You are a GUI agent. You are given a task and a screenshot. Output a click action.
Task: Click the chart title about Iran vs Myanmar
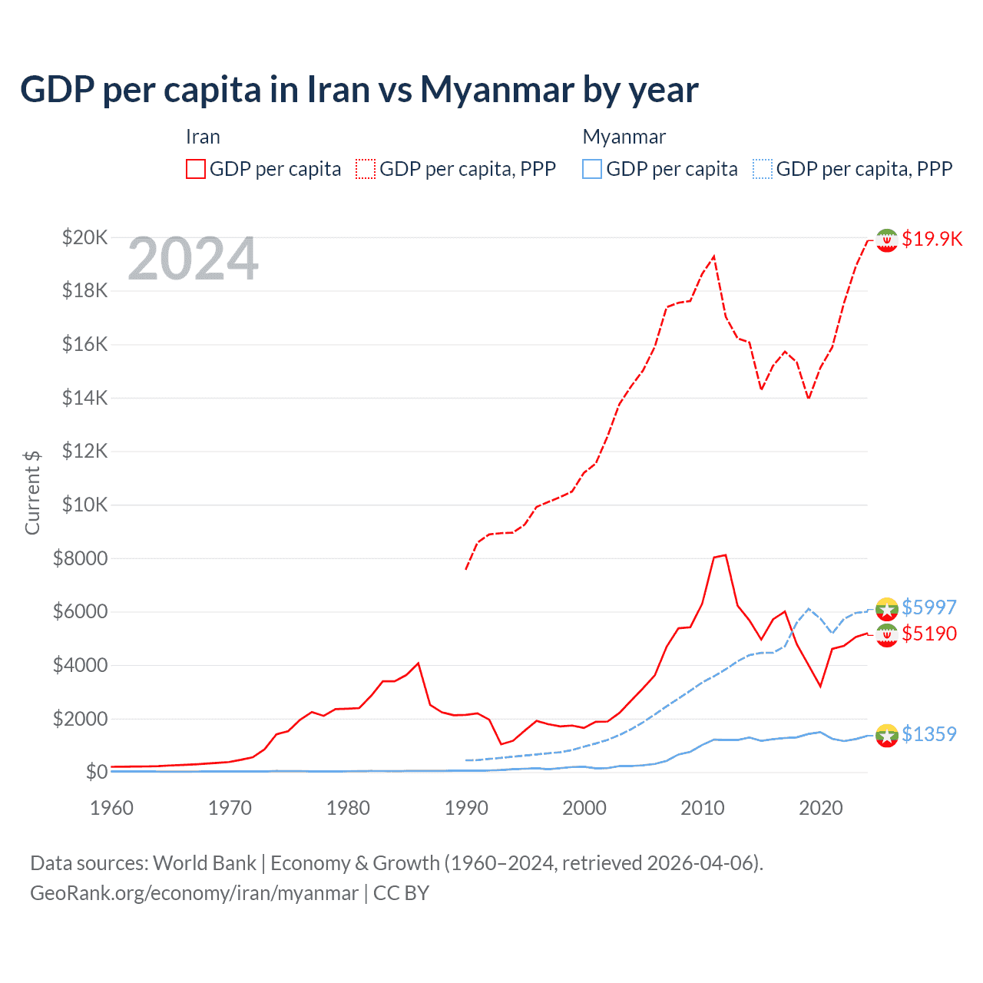[x=359, y=90]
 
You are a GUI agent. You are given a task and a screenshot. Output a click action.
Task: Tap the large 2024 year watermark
[x=193, y=260]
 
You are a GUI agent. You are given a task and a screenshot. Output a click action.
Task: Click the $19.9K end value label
[x=932, y=239]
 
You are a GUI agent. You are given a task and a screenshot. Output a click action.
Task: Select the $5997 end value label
[x=929, y=607]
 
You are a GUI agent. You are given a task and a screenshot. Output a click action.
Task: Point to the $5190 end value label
[x=929, y=634]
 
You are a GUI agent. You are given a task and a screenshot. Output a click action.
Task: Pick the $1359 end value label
[x=929, y=734]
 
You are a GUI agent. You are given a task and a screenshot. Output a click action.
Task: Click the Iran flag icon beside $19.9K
[x=887, y=240]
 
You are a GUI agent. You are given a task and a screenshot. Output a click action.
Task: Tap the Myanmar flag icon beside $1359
[x=887, y=735]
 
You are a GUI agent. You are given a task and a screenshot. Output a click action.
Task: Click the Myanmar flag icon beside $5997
[x=887, y=608]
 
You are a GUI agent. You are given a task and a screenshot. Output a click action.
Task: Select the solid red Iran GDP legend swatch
[x=196, y=169]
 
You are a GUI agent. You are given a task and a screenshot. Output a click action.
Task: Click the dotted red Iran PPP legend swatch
[x=366, y=169]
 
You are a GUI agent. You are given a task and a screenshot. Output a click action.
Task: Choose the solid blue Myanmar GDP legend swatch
[x=592, y=169]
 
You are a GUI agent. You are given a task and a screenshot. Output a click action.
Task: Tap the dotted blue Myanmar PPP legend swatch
[x=763, y=169]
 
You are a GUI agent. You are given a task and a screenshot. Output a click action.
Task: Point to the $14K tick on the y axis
[x=85, y=398]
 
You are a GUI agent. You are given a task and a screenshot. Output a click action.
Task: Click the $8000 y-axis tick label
[x=81, y=558]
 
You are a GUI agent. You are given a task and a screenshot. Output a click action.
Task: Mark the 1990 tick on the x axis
[x=466, y=808]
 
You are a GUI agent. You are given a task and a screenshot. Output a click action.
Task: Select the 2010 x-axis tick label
[x=703, y=808]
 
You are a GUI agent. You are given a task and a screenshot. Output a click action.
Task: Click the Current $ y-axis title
[x=32, y=492]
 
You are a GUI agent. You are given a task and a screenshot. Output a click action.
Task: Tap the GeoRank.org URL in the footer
[x=194, y=893]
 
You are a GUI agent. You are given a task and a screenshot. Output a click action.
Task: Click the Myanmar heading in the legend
[x=624, y=137]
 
